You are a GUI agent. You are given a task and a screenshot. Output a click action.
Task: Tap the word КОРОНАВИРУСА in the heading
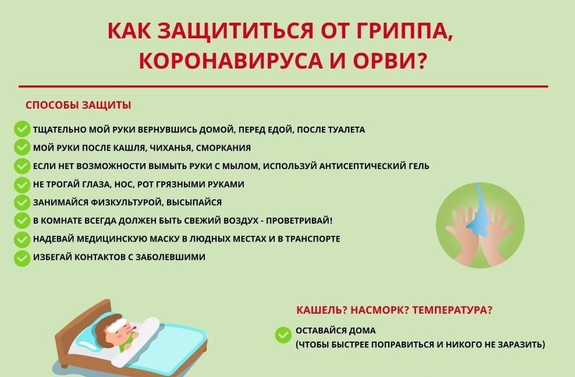(x=231, y=61)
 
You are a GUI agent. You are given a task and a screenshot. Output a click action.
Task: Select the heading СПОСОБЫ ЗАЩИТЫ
(x=78, y=105)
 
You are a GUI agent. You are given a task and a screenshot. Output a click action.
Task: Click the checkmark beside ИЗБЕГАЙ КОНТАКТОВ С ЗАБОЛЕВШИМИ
(x=22, y=258)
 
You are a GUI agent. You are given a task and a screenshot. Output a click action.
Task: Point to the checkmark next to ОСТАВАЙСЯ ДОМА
(x=283, y=335)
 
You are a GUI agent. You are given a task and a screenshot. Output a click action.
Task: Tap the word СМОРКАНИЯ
(x=223, y=148)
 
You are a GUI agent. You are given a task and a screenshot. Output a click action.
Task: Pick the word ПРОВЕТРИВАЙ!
(x=299, y=221)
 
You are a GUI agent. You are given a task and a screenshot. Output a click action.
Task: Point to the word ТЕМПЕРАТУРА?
(x=452, y=310)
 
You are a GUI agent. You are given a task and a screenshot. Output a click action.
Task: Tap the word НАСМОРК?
(x=379, y=310)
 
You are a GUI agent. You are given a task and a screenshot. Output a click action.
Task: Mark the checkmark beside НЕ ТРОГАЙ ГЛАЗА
(x=22, y=185)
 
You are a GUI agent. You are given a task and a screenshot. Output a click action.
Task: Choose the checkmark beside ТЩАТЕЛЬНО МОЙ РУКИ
(x=22, y=130)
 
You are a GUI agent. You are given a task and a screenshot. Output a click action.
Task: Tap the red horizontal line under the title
(x=283, y=87)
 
